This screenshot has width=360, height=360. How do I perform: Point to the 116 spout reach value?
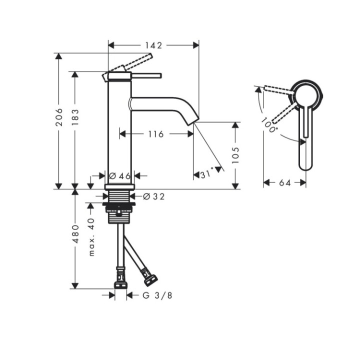pyautogui.click(x=156, y=134)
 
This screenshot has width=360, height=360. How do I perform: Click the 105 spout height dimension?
pyautogui.click(x=236, y=155)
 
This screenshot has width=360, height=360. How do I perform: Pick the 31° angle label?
pyautogui.click(x=207, y=174)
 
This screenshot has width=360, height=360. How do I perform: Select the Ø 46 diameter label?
pyautogui.click(x=119, y=175)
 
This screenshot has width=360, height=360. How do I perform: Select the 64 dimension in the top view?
pyautogui.click(x=285, y=183)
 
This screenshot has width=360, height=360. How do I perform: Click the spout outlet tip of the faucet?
pyautogui.click(x=192, y=120)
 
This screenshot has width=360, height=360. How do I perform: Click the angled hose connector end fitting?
pyautogui.click(x=149, y=275)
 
